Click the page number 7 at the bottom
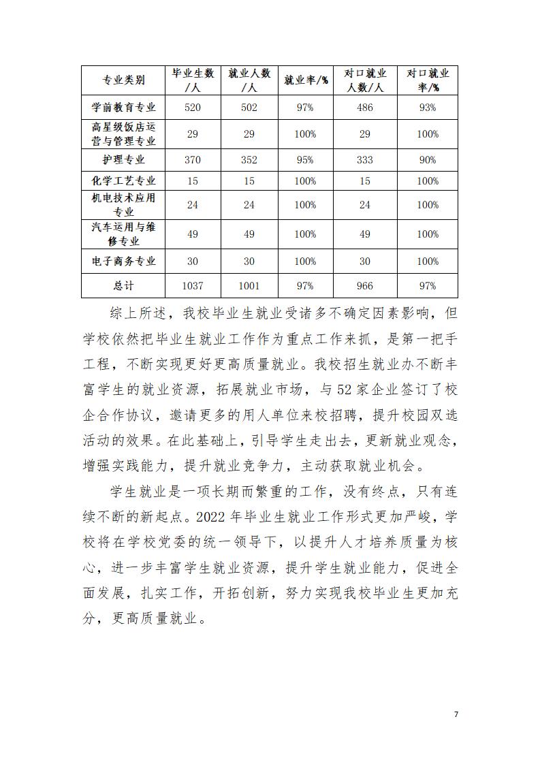coord(456,714)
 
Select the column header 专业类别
coord(123,80)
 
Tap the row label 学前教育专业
coord(123,108)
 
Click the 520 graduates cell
coord(193,108)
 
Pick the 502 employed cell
coord(249,108)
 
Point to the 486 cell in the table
coord(365,108)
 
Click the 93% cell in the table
coord(428,108)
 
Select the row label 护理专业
coord(123,160)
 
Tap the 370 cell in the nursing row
coord(193,160)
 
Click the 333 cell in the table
coord(365,160)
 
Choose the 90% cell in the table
coord(428,160)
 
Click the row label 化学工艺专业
coord(123,181)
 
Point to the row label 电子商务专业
coord(123,261)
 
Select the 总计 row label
coord(123,286)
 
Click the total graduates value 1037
coord(193,286)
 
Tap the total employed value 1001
coord(249,286)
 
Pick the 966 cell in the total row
coord(365,286)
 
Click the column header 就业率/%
coord(306,80)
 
